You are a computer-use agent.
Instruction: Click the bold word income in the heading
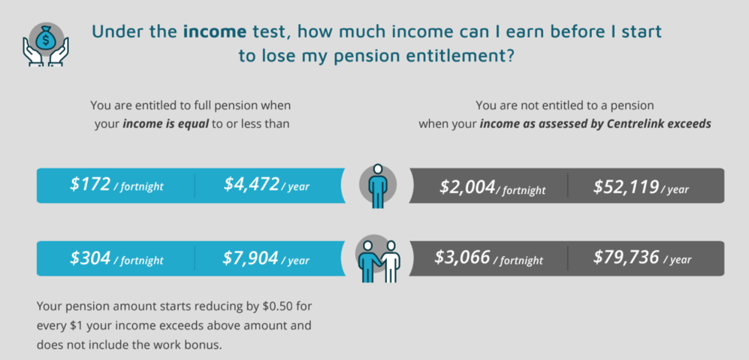(215, 32)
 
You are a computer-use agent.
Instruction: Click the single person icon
(378, 186)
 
